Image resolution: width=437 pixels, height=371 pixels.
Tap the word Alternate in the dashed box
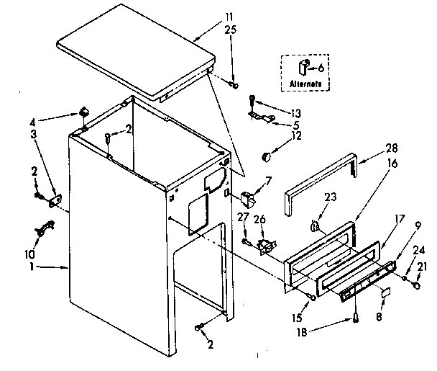(305, 84)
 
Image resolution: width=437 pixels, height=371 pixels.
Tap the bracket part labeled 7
(248, 196)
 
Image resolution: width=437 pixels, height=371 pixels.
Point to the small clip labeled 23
(314, 227)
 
